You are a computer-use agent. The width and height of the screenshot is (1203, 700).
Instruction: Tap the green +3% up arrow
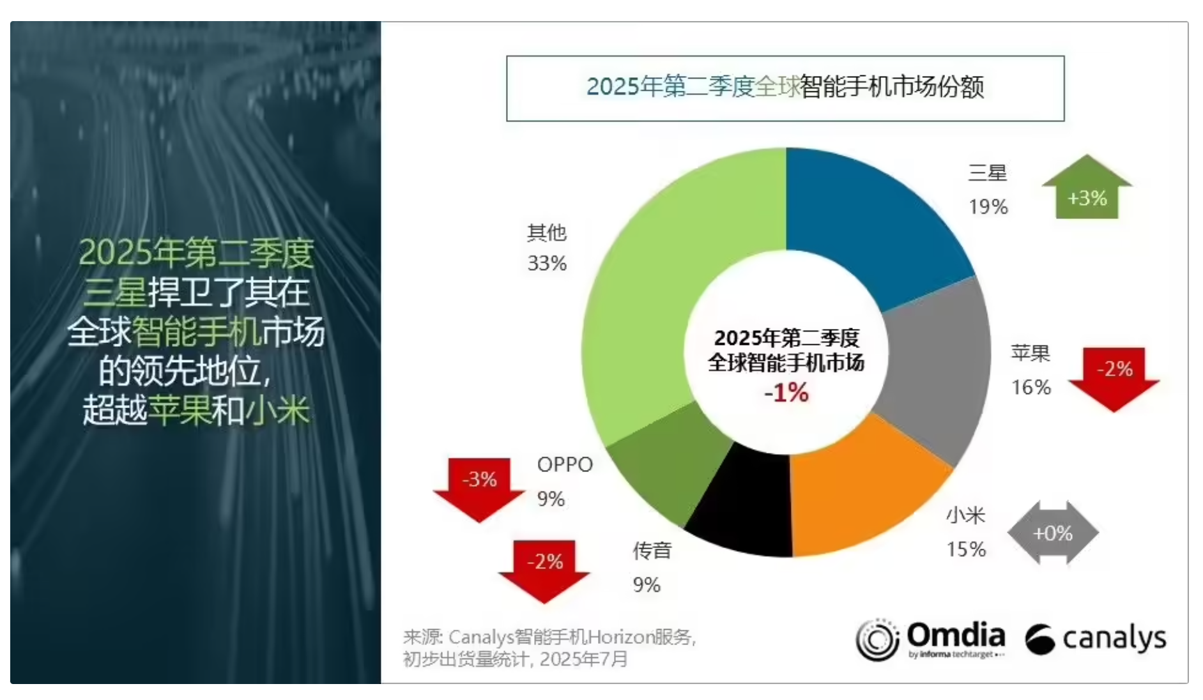(x=1087, y=192)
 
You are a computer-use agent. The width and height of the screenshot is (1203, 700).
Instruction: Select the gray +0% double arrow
(x=1053, y=533)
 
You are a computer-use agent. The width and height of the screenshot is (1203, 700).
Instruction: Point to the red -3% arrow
(x=479, y=485)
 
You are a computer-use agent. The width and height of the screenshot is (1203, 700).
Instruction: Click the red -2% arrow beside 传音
(x=544, y=568)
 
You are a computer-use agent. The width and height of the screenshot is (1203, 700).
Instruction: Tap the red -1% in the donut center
(x=786, y=392)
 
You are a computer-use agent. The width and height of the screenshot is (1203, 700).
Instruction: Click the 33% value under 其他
(x=547, y=263)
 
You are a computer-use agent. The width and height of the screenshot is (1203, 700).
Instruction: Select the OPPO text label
(x=565, y=464)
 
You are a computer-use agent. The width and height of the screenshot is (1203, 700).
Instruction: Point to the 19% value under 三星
(x=988, y=207)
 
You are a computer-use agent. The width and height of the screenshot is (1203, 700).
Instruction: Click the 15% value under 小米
(x=966, y=549)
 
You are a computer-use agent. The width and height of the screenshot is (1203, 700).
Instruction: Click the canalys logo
(x=1096, y=639)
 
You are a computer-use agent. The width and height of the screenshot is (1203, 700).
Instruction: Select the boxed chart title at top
(x=785, y=88)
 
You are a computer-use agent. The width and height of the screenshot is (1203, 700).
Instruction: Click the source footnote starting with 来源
(x=549, y=647)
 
